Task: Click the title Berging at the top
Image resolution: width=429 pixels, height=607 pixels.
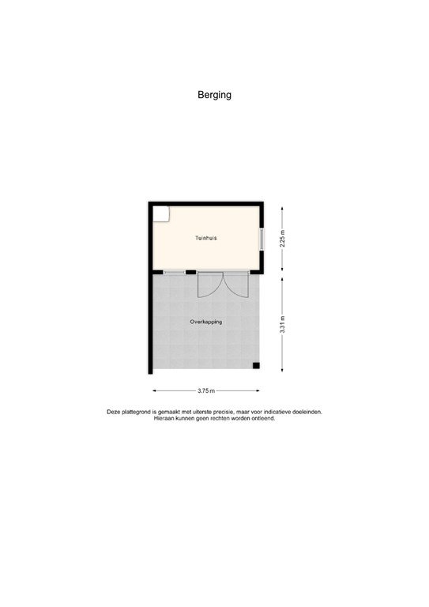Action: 214,96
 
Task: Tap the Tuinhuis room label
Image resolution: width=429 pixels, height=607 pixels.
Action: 206,238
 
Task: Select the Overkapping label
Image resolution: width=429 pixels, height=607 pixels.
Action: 205,322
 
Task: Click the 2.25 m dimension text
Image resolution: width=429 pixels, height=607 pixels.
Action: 282,238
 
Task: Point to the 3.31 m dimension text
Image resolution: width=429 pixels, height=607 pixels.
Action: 282,324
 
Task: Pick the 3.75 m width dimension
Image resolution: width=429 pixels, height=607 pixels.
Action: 205,390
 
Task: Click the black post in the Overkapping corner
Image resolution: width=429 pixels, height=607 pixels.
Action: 256,364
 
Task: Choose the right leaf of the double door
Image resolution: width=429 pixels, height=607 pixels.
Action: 235,285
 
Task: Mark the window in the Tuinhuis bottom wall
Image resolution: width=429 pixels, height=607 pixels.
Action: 175,273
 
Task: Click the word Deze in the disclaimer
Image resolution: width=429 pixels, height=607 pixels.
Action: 115,412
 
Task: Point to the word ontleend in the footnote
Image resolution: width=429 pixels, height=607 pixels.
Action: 262,418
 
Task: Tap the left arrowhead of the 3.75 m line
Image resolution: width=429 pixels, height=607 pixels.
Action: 155,390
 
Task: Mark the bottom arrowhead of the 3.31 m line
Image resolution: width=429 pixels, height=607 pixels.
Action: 282,370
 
